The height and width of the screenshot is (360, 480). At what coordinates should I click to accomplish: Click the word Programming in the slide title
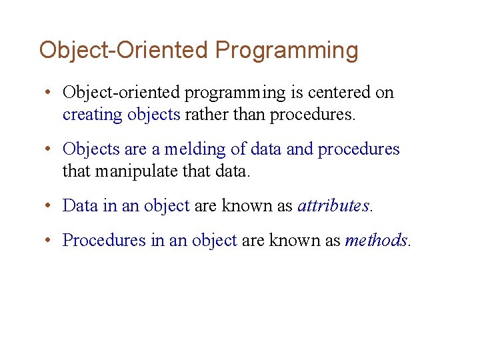coord(287,51)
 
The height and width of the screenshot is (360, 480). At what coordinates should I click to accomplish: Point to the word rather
coord(205,115)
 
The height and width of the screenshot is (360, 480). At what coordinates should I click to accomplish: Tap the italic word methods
coord(376,240)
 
